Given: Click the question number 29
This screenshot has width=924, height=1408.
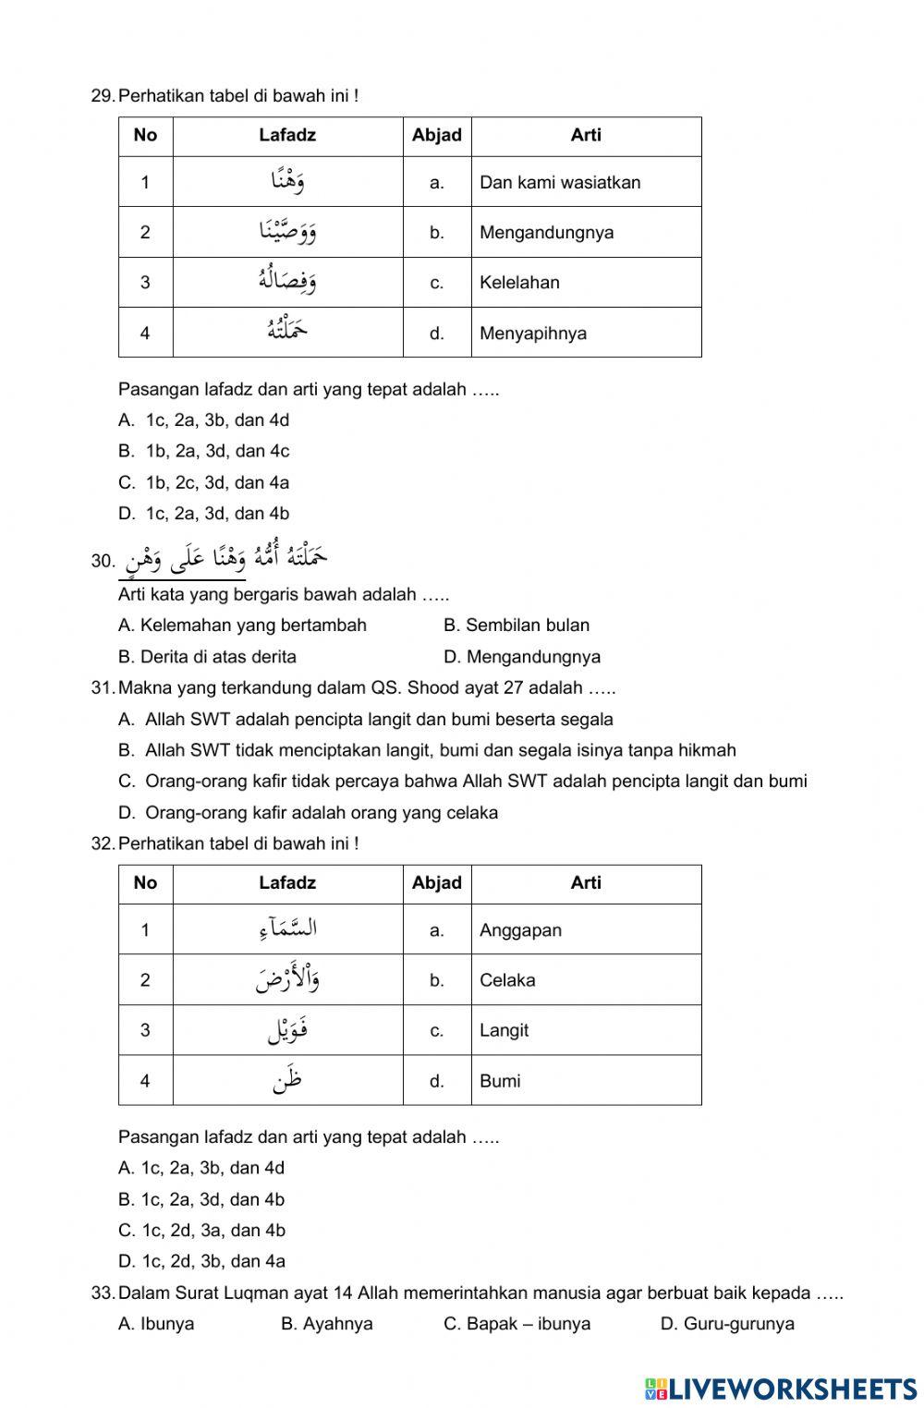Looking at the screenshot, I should pyautogui.click(x=103, y=95).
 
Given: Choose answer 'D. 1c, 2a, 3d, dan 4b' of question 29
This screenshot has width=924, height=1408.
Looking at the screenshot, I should pyautogui.click(x=204, y=514).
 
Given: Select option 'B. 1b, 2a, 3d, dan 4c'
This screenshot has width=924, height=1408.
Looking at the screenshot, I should pyautogui.click(x=204, y=452).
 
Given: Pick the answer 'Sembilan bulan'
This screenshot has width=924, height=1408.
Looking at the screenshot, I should pyautogui.click(x=517, y=625).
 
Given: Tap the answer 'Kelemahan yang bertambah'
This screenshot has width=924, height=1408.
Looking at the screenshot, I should pyautogui.click(x=243, y=625).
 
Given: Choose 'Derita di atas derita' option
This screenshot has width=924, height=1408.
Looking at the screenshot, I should pyautogui.click(x=208, y=657).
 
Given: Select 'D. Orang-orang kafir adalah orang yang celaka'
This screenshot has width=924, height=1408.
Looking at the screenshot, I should pyautogui.click(x=309, y=813).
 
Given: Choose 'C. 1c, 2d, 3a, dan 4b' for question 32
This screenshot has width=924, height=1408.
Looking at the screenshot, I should pyautogui.click(x=201, y=1231).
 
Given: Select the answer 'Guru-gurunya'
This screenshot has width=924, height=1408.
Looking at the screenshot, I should pyautogui.click(x=727, y=1324).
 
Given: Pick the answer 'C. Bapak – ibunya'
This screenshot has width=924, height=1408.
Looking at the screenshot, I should pyautogui.click(x=517, y=1324).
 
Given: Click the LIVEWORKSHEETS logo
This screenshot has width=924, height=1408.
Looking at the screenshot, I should pyautogui.click(x=781, y=1389).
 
